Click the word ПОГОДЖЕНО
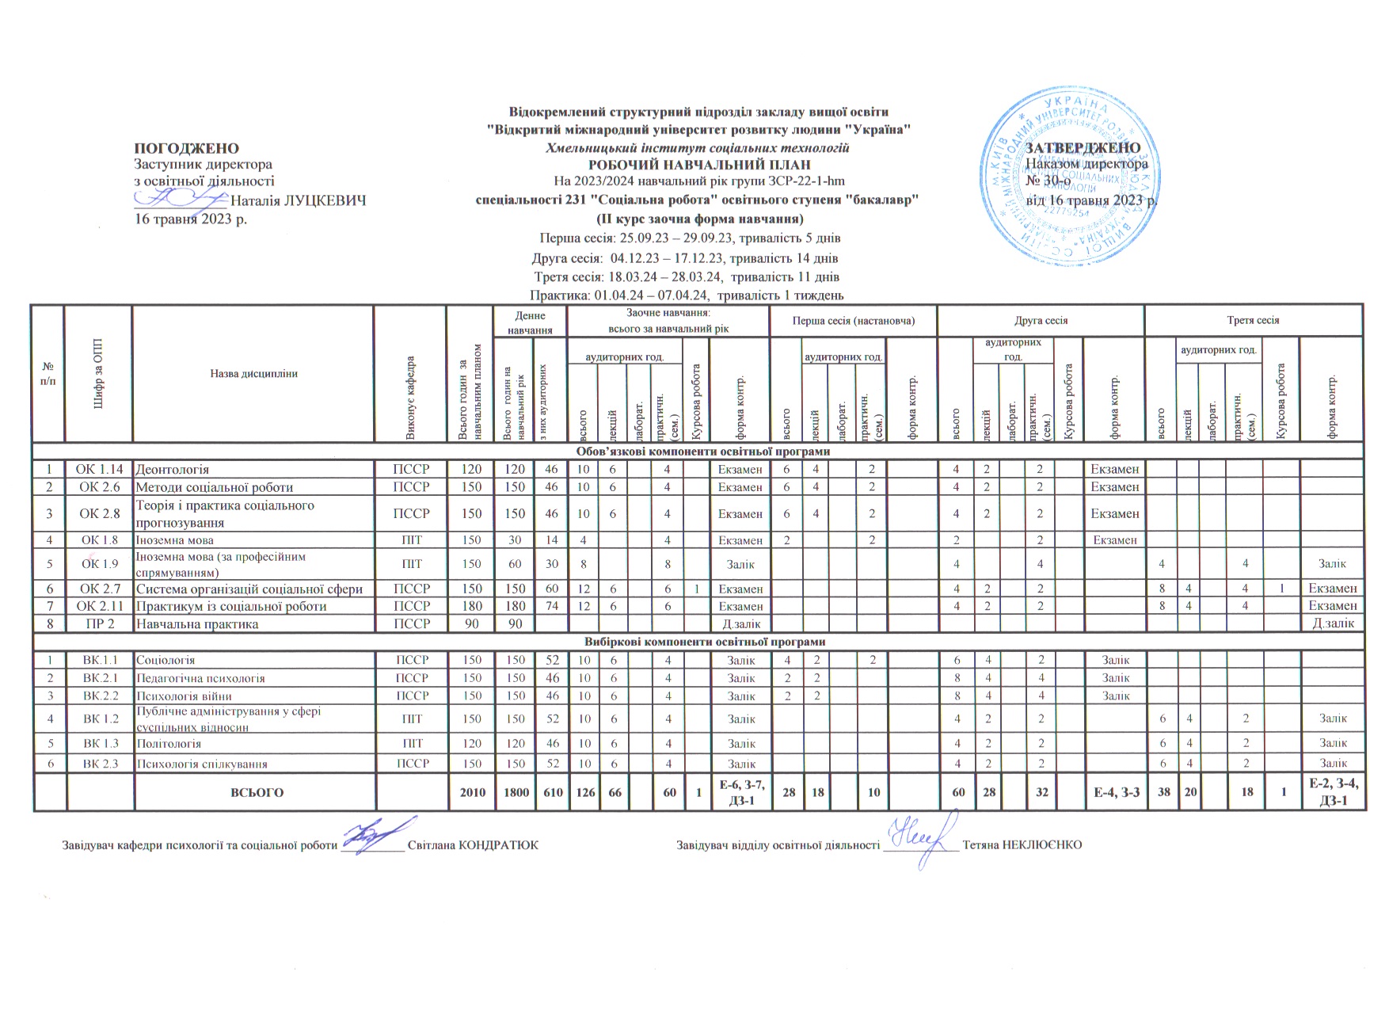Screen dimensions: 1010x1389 (x=187, y=148)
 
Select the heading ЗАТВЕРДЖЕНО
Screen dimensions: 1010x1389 (x=1083, y=148)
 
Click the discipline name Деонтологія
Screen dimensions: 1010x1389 (x=173, y=470)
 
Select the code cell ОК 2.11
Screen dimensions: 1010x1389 (x=99, y=606)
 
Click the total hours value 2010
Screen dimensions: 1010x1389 (x=472, y=791)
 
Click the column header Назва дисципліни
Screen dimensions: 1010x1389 (x=253, y=373)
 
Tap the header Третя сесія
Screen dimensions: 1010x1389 (x=1253, y=320)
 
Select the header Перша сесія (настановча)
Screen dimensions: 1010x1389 (x=853, y=321)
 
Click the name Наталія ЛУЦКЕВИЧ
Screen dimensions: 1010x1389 (x=297, y=201)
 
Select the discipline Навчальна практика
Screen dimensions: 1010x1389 (x=197, y=623)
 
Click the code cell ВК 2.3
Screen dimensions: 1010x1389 (x=99, y=764)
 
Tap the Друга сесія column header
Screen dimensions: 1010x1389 (x=1041, y=321)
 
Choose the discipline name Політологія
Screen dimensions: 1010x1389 (x=169, y=744)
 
